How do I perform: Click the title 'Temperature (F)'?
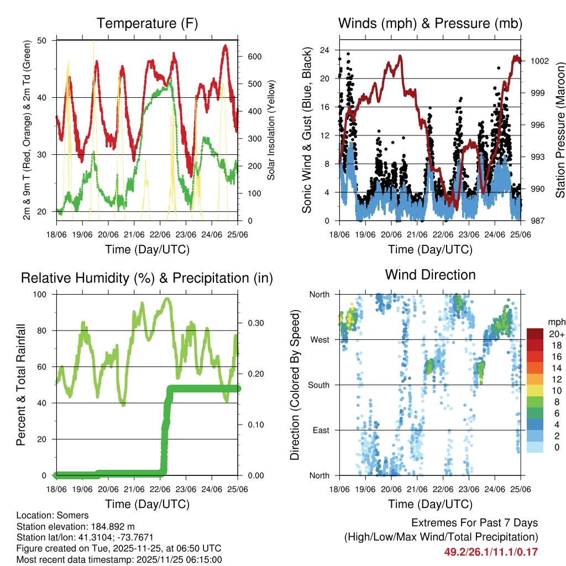146,24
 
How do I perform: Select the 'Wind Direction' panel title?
430,275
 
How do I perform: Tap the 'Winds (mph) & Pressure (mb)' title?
430,24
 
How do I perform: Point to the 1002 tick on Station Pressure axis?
539,61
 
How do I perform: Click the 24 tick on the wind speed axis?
326,50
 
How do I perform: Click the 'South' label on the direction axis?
318,385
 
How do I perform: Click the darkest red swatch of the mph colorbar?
535,334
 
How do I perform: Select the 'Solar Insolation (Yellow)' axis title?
271,130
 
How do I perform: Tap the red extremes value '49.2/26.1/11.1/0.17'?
491,552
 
